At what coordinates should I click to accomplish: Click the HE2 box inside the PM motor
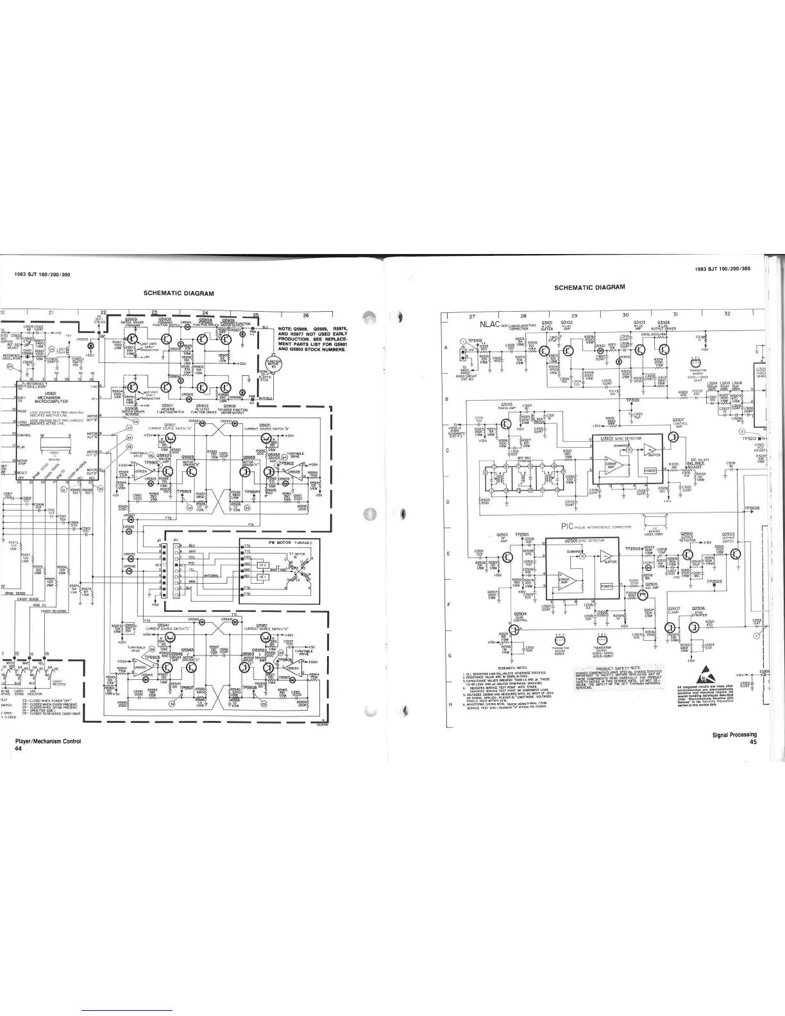[262, 564]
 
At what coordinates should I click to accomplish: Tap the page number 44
[19, 749]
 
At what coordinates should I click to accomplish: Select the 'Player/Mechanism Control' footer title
[48, 741]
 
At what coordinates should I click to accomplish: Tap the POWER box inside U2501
[606, 586]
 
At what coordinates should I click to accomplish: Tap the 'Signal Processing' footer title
[734, 735]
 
